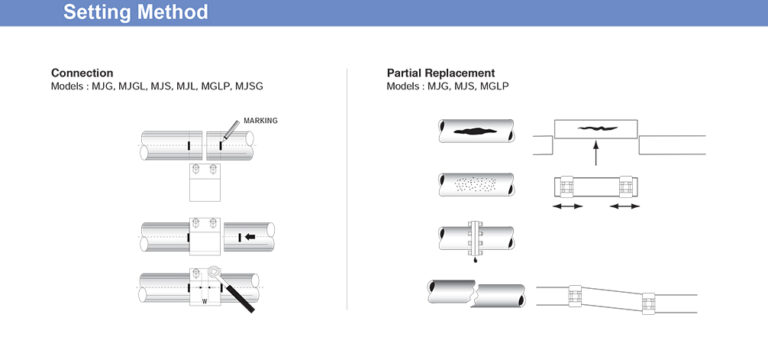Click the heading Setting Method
click(136, 13)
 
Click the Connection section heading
click(82, 73)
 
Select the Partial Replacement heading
click(440, 73)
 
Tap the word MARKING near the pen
click(260, 120)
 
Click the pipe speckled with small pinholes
click(476, 186)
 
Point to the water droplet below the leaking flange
click(475, 261)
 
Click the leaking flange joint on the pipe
click(475, 238)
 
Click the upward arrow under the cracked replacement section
click(596, 153)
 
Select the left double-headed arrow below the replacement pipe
click(567, 206)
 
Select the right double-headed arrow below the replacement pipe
click(625, 206)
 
